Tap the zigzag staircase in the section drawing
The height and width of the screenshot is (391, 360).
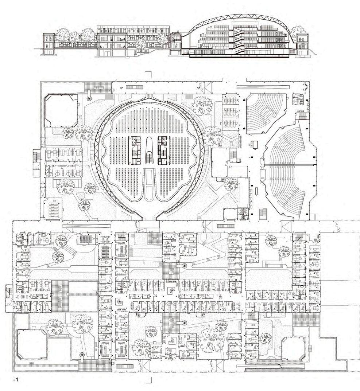point(239,40)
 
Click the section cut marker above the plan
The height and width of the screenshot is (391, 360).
point(149,74)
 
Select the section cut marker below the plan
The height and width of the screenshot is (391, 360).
point(149,380)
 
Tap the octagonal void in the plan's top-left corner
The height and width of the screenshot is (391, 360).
point(61,110)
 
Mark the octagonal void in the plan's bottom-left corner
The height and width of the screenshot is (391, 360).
point(32,344)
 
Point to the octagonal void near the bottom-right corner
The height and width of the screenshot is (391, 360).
point(293,348)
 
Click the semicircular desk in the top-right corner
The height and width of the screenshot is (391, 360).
point(305,87)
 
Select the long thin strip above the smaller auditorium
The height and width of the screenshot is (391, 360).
point(263,87)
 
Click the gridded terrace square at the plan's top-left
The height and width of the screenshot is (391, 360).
point(98,87)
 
